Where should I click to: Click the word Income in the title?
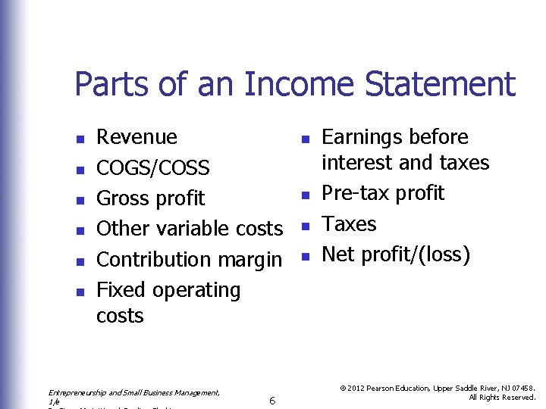298,84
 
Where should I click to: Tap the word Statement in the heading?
440,84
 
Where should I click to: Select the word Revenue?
136,137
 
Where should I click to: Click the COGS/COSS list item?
152,167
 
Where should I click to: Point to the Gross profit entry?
150,198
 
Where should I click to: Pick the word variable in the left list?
196,229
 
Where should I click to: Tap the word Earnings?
366,138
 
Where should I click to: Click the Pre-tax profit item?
382,193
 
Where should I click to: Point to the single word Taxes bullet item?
349,224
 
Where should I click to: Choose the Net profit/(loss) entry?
396,254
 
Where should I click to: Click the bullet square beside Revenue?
79,139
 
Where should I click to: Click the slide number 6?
272,400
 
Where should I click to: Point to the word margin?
249,260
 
